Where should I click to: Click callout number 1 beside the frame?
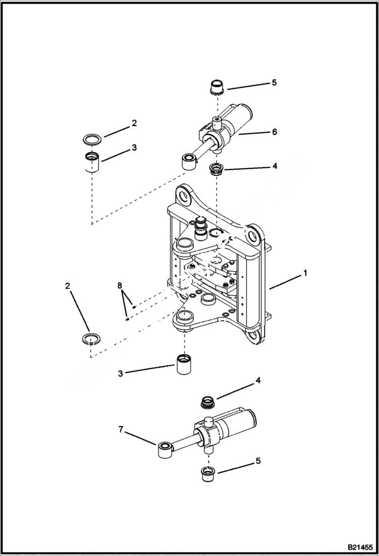point(305,273)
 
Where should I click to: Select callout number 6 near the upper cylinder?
point(274,132)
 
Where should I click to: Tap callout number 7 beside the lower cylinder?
point(120,430)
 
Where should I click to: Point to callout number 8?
point(120,286)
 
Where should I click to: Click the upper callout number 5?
point(274,83)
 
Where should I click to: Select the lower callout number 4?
point(259,380)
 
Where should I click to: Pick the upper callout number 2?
point(134,123)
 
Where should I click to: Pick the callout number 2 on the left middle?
point(68,286)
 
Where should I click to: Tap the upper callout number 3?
point(134,147)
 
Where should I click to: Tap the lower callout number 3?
point(120,374)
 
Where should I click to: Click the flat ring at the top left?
point(93,138)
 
